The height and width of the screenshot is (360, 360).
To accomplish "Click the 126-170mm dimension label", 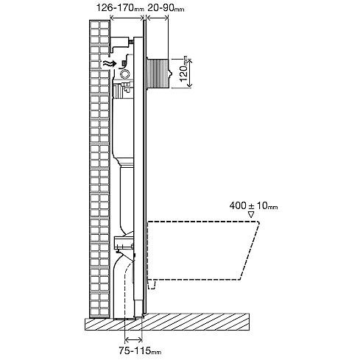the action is [119, 8].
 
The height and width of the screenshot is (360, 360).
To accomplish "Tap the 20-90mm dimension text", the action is [166, 8].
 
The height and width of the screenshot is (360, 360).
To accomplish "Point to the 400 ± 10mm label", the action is [253, 205].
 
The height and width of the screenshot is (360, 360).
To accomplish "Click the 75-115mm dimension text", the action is [140, 350].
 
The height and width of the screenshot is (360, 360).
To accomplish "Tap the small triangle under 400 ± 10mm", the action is [251, 215].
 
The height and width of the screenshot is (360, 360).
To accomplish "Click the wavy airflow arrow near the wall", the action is [110, 63].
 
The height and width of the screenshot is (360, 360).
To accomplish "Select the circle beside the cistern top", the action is [126, 74].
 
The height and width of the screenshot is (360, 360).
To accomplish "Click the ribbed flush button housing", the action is [158, 74].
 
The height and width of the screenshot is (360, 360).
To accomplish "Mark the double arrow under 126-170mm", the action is [127, 17].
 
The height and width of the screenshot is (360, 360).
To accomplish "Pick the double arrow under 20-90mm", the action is [158, 17].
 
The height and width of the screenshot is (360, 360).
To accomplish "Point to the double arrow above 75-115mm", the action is [133, 339].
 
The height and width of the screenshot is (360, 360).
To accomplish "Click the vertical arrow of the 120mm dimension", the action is [189, 73].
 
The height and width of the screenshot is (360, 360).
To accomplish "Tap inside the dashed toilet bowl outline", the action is [201, 250].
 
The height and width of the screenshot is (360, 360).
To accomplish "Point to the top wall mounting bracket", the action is [121, 43].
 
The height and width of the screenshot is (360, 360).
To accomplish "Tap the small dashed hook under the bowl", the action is [152, 286].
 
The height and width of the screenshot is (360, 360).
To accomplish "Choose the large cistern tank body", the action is [123, 127].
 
